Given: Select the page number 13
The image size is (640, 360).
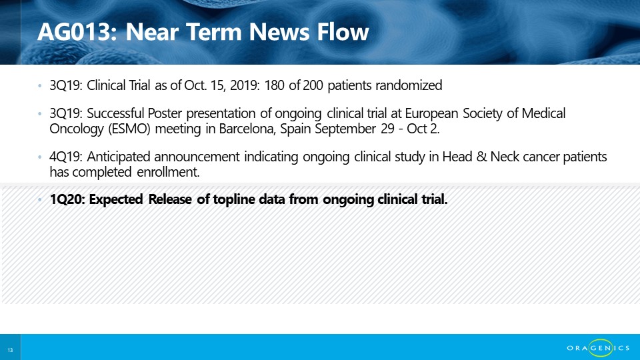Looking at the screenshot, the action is pos(10,350).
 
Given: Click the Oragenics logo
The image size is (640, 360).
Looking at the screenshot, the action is pos(598,348).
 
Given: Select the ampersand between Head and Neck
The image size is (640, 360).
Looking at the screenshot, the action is pos(481,157).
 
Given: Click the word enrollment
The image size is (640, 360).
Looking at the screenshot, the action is pos(168,172).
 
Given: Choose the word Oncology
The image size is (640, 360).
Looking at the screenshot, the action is pos(77,129).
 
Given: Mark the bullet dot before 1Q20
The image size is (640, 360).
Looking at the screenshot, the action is pos(39,199).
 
